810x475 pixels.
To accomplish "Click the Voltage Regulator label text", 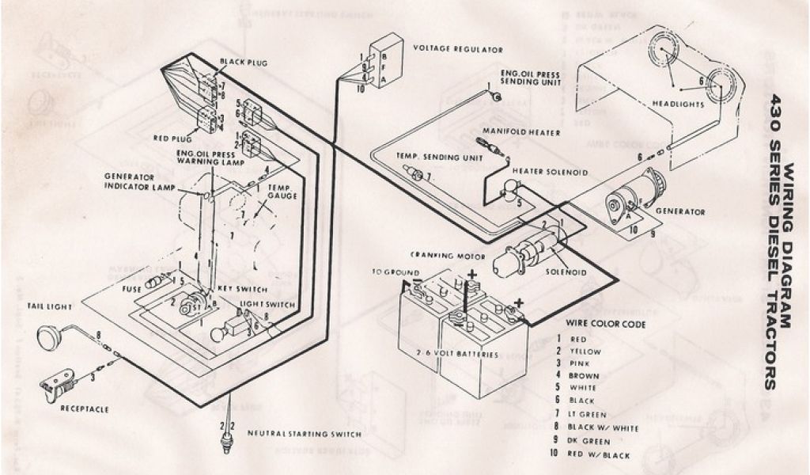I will (x=458, y=49).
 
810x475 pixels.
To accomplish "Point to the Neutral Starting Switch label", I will (x=305, y=434).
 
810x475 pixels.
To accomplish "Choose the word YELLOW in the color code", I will (x=590, y=351).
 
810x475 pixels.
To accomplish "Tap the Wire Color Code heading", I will (x=605, y=324).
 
